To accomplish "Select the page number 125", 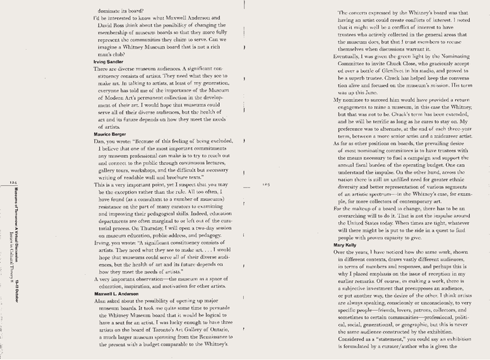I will coord(266,184).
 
